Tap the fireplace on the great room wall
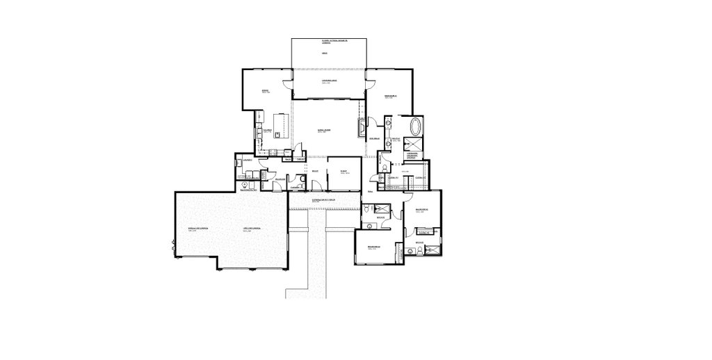coord(361,127)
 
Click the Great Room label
coord(324,130)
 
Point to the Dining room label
coord(265,90)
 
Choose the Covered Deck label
coord(329,81)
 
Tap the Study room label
coord(343,170)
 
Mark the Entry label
coord(315,170)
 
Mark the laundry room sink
coord(239,162)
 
